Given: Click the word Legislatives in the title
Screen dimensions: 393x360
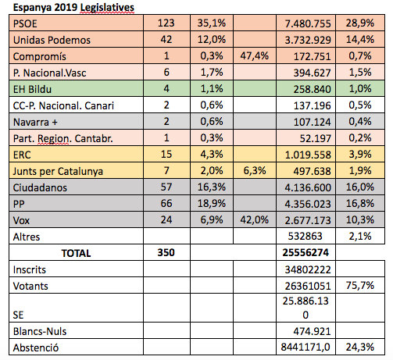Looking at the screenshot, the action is click(x=107, y=8).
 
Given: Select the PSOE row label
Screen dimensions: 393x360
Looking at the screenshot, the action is click(x=25, y=23).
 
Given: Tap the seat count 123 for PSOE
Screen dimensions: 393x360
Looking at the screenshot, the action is click(x=166, y=23).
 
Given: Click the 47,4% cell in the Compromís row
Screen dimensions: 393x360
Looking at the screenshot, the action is click(x=254, y=56).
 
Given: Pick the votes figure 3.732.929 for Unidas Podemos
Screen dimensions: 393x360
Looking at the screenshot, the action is click(x=308, y=40).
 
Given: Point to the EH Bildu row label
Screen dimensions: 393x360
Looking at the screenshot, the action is click(x=32, y=89).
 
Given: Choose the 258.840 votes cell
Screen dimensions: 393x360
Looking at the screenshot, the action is click(x=312, y=89).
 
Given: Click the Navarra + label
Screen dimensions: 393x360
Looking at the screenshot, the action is click(x=35, y=122).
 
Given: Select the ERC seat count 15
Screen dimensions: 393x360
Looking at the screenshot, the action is click(x=166, y=155).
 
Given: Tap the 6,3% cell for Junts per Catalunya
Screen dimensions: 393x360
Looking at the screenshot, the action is click(x=255, y=171).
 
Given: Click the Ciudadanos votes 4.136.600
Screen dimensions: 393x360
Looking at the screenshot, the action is click(x=308, y=187).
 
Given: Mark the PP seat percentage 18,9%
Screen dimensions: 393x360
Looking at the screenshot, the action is click(x=212, y=204).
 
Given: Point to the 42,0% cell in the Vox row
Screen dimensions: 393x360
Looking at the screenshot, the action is click(x=254, y=220).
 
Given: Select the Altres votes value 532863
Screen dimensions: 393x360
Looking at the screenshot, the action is click(x=305, y=237).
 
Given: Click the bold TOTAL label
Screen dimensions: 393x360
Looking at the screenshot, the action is click(x=76, y=253).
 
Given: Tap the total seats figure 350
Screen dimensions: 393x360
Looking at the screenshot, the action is click(x=166, y=253).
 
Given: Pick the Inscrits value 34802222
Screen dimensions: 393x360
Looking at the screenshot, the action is click(x=308, y=269).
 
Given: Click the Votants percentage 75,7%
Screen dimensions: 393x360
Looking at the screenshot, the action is click(x=360, y=286).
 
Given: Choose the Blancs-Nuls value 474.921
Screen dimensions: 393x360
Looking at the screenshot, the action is click(x=312, y=332).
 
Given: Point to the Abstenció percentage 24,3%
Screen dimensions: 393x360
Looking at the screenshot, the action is click(x=360, y=348).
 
